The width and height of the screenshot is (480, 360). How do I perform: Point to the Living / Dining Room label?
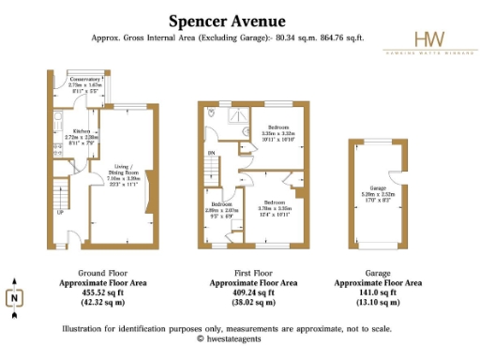pyautogui.click(x=126, y=171)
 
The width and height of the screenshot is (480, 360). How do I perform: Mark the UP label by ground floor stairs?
pyautogui.click(x=60, y=213)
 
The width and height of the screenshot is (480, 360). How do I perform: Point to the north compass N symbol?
pyautogui.click(x=16, y=299)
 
